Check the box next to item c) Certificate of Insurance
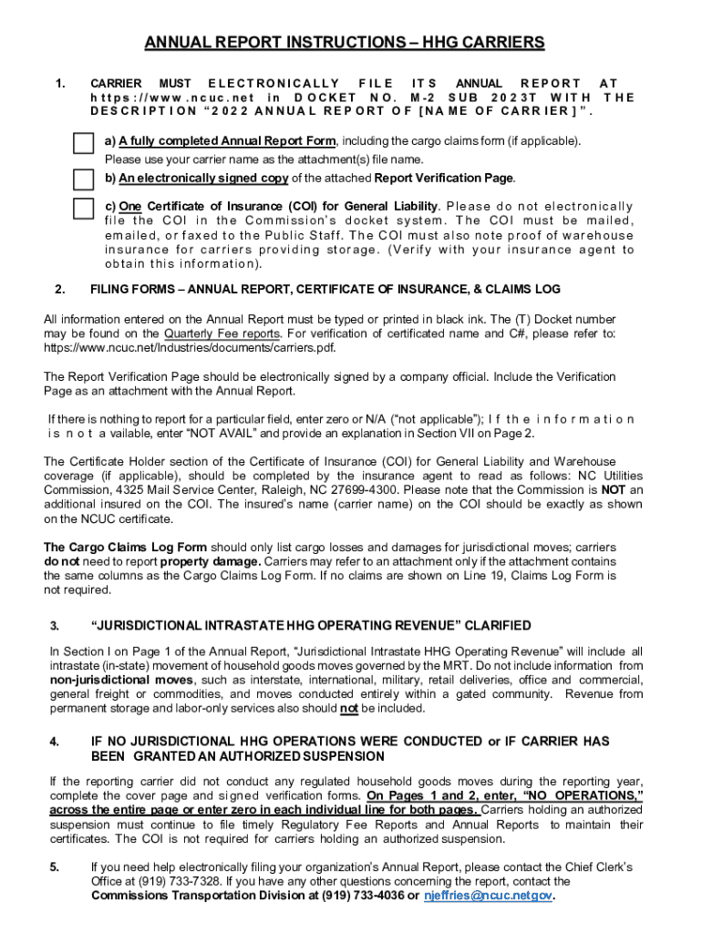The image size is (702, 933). (x=82, y=210)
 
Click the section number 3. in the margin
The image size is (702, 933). (x=55, y=626)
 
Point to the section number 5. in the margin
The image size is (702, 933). (x=55, y=866)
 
